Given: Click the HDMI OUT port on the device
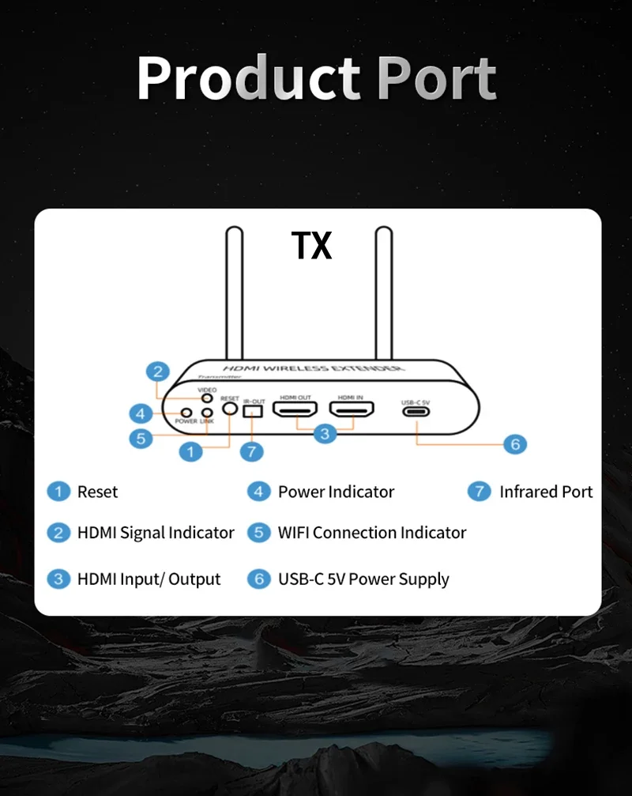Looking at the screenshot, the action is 295,409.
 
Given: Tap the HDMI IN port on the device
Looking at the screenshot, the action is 352,409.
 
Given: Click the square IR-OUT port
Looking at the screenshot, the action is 253,411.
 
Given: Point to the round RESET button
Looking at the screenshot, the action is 230,409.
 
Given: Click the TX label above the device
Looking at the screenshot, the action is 312,246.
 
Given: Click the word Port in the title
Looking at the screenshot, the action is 436,78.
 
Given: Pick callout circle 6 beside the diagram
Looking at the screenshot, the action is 514,444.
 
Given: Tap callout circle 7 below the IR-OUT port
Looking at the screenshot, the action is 251,451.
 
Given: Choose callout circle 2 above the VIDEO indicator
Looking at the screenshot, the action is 159,372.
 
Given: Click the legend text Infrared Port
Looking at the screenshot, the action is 546,492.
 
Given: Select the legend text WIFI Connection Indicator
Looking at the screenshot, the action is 371,533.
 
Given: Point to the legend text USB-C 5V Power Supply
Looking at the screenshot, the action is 363,579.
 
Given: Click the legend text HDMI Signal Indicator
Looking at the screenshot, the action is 156,533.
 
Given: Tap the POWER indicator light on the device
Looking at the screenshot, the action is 186,412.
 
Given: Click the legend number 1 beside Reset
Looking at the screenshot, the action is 58,492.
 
